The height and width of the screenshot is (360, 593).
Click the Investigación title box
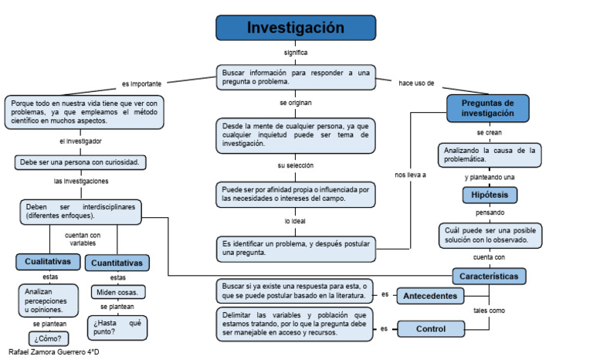pos(296,28)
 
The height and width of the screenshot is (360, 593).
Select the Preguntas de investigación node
pos(488,108)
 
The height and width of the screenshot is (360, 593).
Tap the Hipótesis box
pos(490,195)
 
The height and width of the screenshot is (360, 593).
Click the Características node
pos(490,276)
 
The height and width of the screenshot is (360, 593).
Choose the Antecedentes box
pos(430,296)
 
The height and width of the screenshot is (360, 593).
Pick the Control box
pos(430,329)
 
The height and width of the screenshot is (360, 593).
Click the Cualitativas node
pos(48,262)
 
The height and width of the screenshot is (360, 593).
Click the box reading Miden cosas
pos(118,292)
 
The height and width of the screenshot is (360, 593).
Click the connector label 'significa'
pos(296,53)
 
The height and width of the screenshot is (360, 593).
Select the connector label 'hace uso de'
pos(416,83)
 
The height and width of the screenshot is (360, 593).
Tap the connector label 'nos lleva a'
pos(410,175)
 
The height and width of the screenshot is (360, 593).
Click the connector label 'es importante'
pos(141,83)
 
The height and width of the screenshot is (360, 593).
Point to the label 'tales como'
pos(489,310)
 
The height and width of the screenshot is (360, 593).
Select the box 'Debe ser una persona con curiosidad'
pos(81,162)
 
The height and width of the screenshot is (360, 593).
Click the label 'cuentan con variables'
pos(83,239)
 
